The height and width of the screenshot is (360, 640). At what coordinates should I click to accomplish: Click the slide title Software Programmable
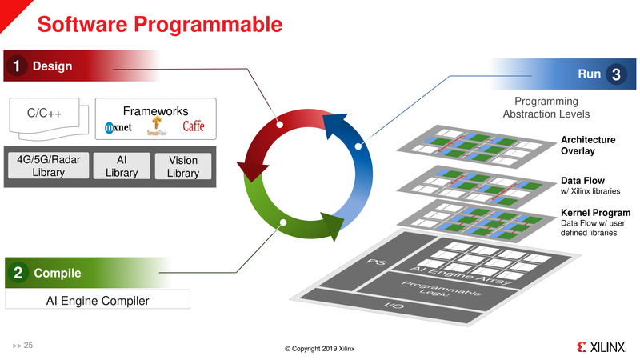click(160, 24)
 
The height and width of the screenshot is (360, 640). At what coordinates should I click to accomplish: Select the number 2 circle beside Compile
click(17, 274)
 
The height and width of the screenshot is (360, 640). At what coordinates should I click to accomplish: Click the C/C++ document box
click(46, 114)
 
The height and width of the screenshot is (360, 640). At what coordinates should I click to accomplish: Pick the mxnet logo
click(122, 127)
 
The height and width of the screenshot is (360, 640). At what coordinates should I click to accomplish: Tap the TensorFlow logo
click(157, 126)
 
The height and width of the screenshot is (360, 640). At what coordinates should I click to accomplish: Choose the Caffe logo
click(193, 126)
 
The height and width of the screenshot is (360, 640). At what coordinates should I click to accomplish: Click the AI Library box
click(122, 166)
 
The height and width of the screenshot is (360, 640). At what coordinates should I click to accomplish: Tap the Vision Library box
click(182, 166)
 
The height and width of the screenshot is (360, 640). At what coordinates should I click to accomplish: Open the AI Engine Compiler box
click(98, 300)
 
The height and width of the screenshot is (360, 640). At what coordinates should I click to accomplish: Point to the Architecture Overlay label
click(588, 146)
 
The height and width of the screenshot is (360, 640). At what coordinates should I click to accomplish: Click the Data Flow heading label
click(582, 182)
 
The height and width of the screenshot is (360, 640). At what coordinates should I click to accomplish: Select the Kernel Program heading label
click(593, 213)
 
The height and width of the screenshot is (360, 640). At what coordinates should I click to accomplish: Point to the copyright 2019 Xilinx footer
click(319, 349)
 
